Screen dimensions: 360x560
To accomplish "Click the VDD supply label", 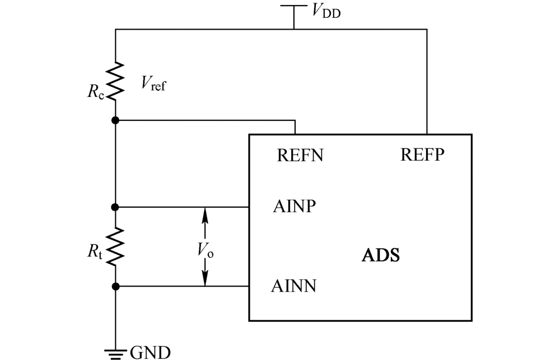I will point(324,10).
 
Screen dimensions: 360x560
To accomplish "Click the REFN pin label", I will point(300,155).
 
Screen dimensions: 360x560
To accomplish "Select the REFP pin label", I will point(422,155).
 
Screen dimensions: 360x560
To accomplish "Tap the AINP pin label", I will point(295,207).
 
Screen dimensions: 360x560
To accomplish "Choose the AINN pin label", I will point(294,286).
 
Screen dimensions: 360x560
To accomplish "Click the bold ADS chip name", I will point(381,256).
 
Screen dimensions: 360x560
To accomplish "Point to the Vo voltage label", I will point(206,250).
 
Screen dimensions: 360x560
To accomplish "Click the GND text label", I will point(151,352).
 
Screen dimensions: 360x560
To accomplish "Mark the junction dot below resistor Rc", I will point(115,120).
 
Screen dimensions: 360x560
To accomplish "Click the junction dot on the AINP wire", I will point(115,207).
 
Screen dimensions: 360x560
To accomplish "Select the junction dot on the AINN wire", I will point(115,287).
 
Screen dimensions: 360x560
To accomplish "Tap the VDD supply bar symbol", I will point(294,6).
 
